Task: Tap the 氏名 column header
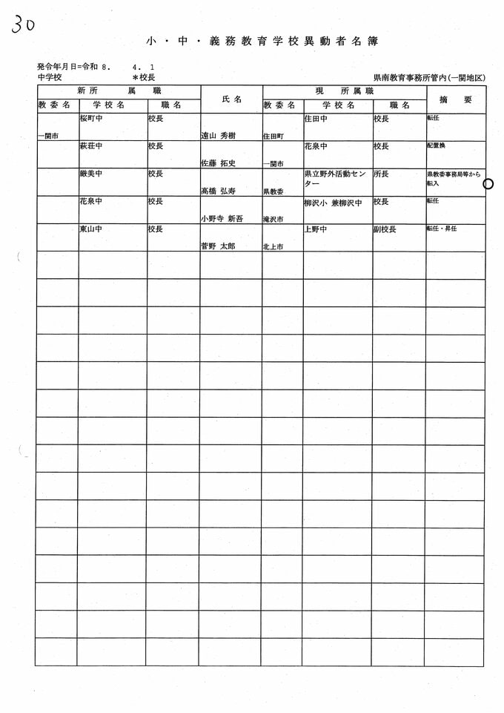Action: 231,99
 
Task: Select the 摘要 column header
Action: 455,99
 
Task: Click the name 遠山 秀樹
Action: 218,136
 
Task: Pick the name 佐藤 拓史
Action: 218,163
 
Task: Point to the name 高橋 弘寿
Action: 218,191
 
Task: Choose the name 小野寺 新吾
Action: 222,219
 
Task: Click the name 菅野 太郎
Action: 218,246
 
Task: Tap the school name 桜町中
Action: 90,119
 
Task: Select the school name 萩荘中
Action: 90,146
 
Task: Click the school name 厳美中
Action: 90,174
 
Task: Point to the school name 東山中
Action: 90,229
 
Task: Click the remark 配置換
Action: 436,145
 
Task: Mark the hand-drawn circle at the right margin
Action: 488,184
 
